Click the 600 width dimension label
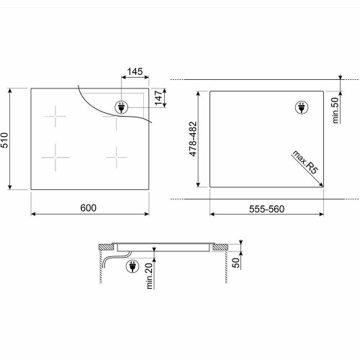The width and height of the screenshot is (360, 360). tap(89, 207)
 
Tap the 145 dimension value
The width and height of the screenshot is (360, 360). tap(134, 72)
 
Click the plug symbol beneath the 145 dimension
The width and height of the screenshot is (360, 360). tap(120, 107)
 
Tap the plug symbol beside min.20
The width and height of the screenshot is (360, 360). tap(132, 267)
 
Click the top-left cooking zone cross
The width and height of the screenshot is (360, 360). tap(55, 117)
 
